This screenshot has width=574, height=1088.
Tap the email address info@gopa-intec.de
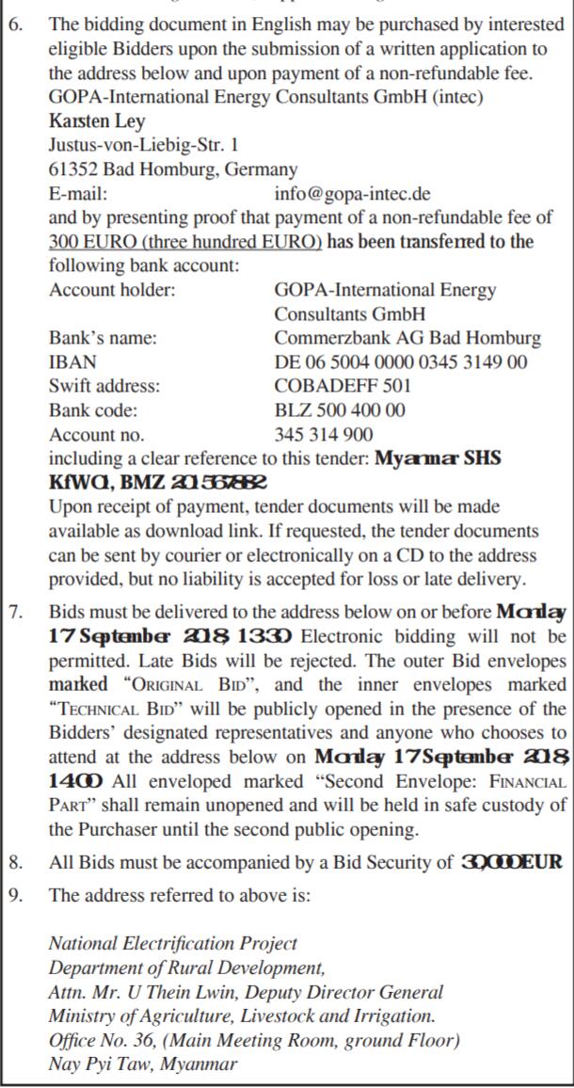tap(353, 194)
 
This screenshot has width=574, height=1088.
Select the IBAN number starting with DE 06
tap(401, 361)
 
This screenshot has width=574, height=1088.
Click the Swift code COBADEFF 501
tap(343, 386)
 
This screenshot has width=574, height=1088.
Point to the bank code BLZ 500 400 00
tap(341, 410)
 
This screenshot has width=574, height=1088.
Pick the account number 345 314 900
tap(324, 435)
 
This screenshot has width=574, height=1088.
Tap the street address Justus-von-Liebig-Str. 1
tap(143, 146)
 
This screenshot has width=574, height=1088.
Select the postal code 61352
tap(72, 170)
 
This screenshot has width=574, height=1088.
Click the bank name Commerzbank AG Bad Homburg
tap(407, 338)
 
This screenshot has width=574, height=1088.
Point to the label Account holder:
tap(112, 290)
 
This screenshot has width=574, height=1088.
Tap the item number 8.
tap(16, 862)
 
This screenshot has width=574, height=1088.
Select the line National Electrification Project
tap(173, 943)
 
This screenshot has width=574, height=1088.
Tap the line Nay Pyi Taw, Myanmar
tap(143, 1064)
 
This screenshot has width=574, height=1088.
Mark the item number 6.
tap(16, 24)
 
